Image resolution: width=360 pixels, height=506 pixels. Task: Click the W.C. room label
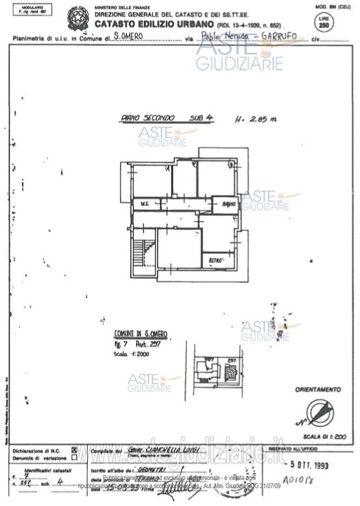(x=141, y=204)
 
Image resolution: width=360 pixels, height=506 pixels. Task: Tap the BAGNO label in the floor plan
(x=227, y=204)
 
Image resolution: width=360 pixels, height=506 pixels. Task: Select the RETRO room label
(x=215, y=260)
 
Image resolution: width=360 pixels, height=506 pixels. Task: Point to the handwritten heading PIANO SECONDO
(x=148, y=118)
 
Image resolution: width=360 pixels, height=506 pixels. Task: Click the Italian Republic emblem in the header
(x=79, y=17)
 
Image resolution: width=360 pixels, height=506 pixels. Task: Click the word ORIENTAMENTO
(x=318, y=389)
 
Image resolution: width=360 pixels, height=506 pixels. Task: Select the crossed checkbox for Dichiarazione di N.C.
(x=74, y=449)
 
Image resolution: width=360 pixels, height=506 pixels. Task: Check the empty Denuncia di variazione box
(x=74, y=457)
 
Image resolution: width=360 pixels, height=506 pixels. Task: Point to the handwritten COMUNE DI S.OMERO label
(x=141, y=333)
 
